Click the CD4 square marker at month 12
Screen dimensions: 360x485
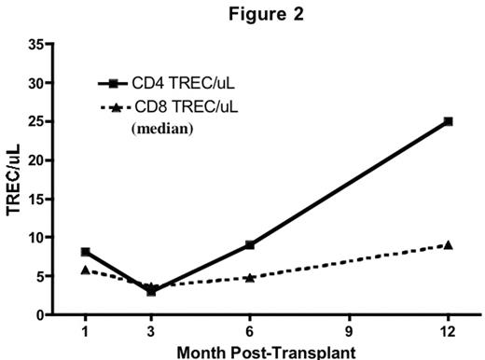(449, 121)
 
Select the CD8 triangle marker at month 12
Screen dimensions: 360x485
(449, 245)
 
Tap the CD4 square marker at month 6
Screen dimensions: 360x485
(250, 245)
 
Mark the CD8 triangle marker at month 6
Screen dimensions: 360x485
(250, 277)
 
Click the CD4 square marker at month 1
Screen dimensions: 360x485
(85, 252)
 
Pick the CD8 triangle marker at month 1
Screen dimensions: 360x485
(85, 270)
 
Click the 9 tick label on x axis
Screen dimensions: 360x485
(349, 331)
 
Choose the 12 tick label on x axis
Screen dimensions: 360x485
(449, 331)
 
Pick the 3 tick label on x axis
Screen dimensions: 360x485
(151, 331)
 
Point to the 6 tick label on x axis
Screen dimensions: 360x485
(250, 331)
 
